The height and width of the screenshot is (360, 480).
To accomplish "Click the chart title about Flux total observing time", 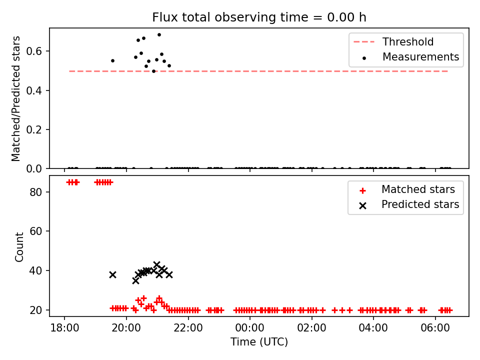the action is tap(259, 17).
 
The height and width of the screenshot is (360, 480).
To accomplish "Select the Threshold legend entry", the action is tap(393, 41).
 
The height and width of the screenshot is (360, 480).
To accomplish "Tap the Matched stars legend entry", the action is tap(407, 189).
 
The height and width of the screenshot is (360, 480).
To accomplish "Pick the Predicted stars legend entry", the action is tap(409, 204).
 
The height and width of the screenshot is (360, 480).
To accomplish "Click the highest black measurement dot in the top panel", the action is tap(159, 35).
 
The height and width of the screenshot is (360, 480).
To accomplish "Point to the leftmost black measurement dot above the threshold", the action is tap(112, 60).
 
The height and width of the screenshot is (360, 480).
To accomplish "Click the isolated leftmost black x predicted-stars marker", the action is tap(112, 274).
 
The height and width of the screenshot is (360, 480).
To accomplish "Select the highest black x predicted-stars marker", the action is tap(156, 264).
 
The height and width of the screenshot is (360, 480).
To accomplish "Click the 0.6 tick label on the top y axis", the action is tap(33, 51).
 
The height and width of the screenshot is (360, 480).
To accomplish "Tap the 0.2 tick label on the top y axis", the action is tap(33, 129).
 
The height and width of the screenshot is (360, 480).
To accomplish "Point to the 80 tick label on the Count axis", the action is tap(35, 192).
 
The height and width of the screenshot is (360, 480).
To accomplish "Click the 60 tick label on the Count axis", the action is tap(35, 231).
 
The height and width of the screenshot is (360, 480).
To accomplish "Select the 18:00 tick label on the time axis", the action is tap(64, 328).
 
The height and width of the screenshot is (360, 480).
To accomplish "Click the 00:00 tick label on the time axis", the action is tap(250, 328).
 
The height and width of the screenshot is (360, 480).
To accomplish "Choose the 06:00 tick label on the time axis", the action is tap(435, 328).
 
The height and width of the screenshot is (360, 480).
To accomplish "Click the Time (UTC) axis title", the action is tap(259, 341).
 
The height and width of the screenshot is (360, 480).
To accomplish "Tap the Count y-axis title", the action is tap(19, 246).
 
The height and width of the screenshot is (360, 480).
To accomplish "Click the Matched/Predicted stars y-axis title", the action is tap(15, 98).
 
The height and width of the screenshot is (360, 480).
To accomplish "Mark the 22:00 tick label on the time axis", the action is tap(188, 328).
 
